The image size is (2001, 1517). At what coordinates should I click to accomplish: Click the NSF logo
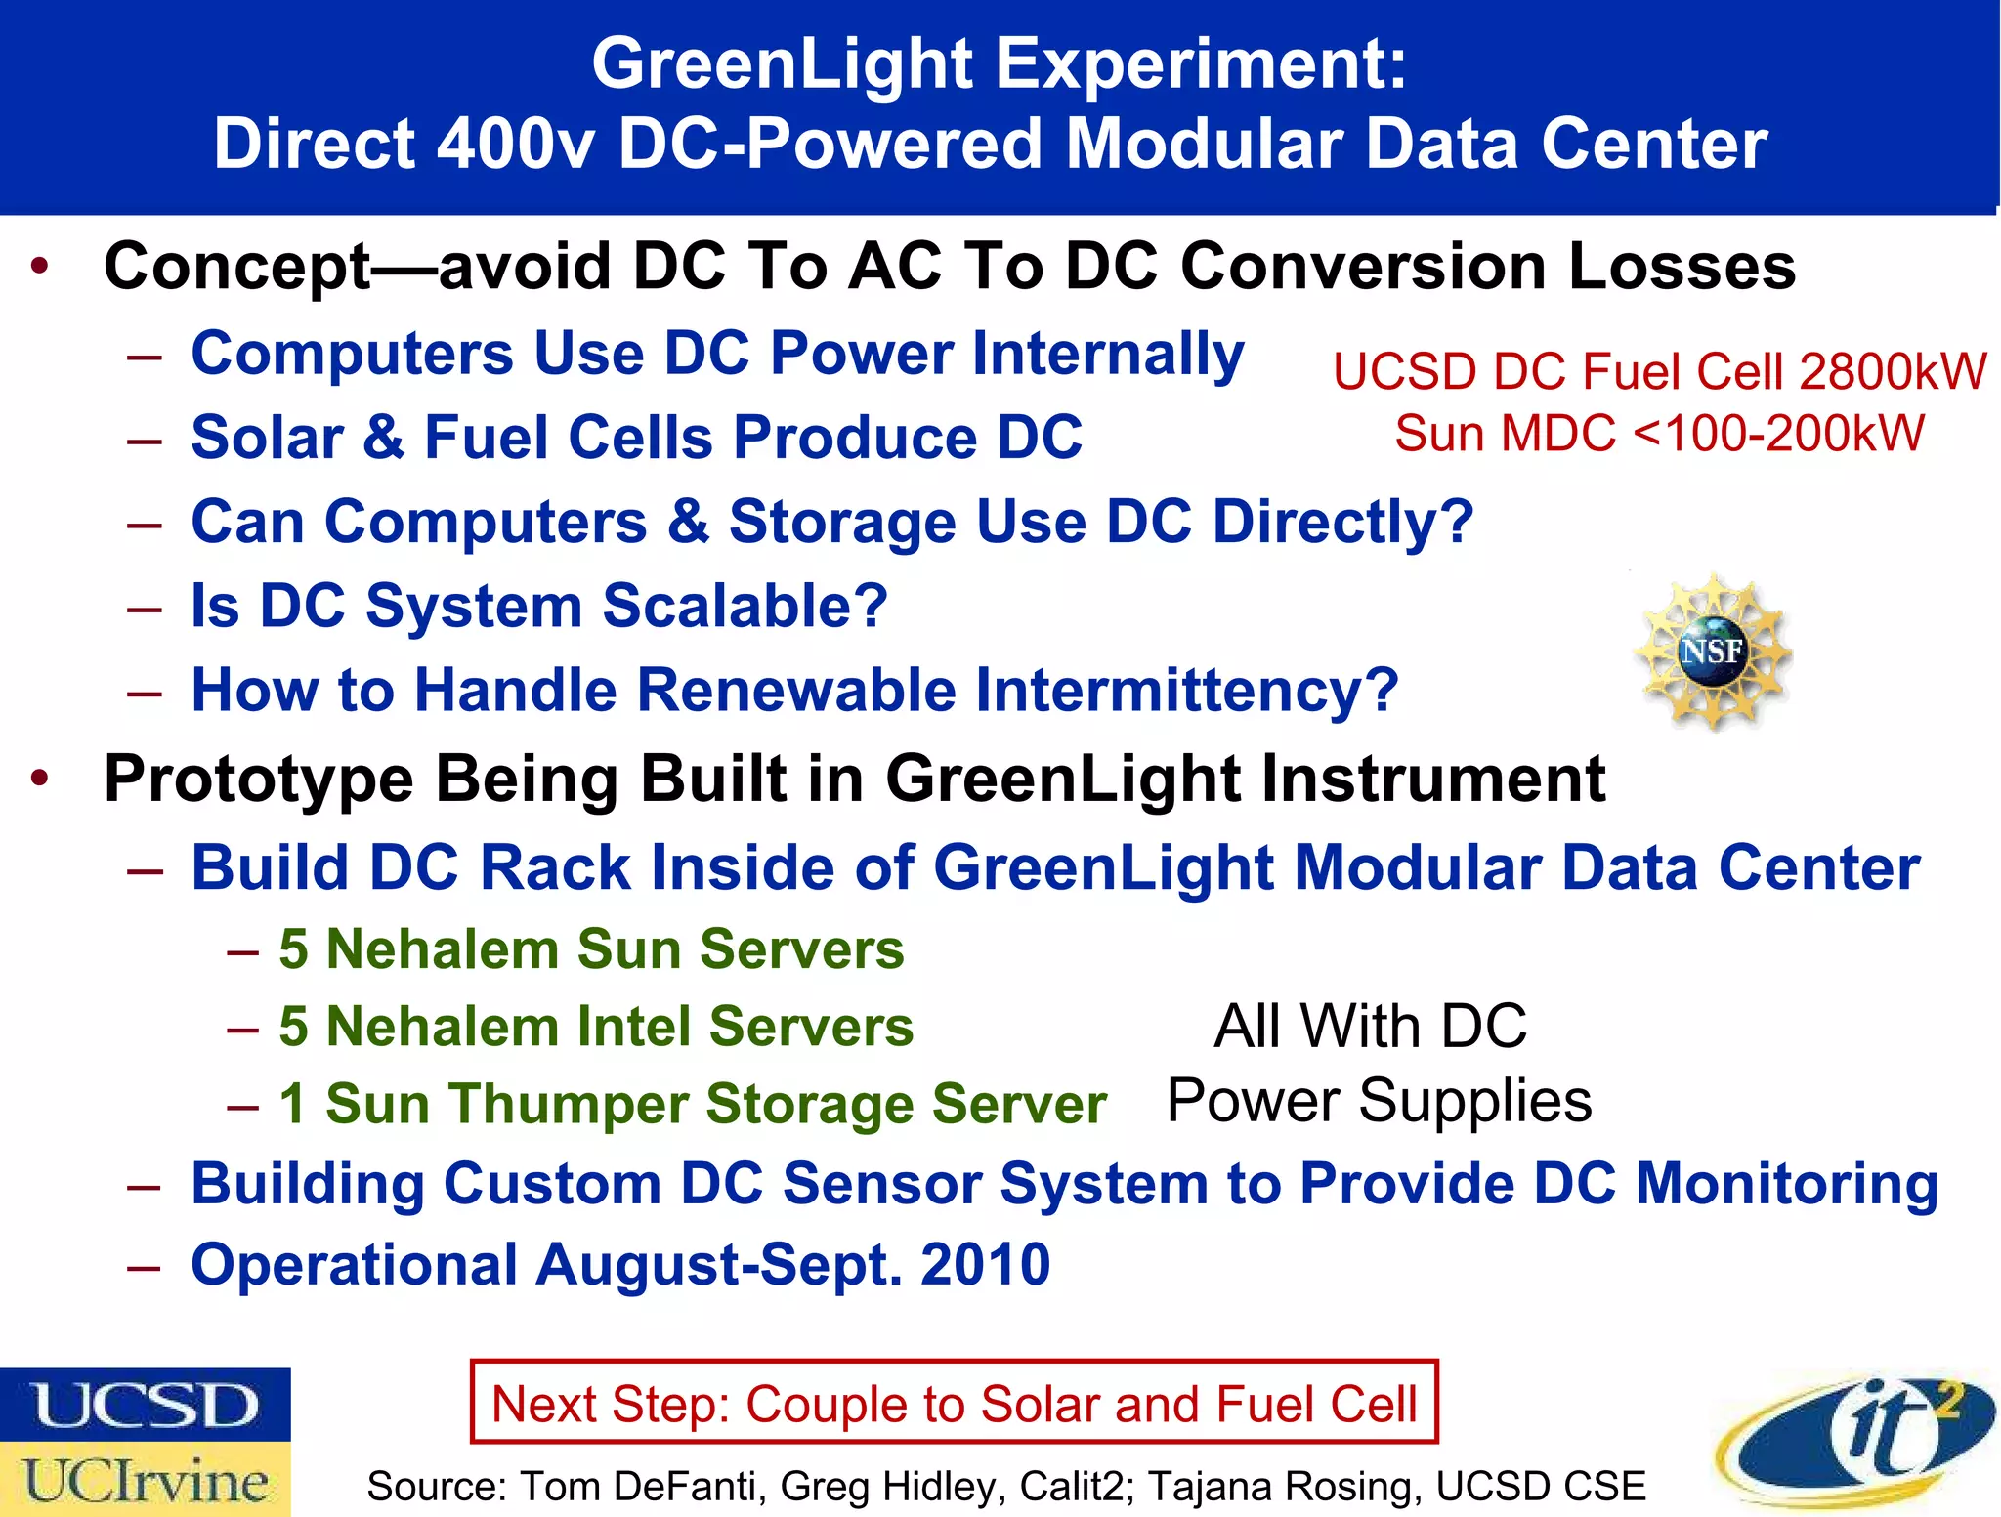click(1713, 651)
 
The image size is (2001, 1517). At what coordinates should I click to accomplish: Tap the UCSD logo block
click(145, 1405)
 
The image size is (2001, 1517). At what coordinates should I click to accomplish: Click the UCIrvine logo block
click(145, 1480)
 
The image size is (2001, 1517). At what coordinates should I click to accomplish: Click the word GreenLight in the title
click(783, 64)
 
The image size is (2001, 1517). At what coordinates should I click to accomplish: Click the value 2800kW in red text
click(1892, 372)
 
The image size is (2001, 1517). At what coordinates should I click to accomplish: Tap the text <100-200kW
click(1778, 433)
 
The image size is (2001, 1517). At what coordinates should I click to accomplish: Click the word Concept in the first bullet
click(237, 267)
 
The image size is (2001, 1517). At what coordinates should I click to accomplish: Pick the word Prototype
click(259, 780)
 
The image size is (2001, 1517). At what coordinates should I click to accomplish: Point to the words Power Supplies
click(1379, 1101)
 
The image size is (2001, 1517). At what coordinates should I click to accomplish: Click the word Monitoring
click(1786, 1184)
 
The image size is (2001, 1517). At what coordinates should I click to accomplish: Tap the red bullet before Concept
click(39, 266)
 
